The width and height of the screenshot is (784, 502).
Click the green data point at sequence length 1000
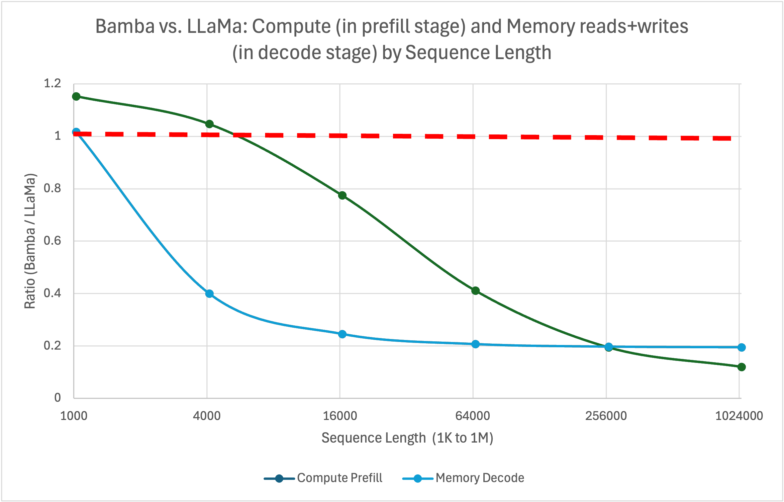76,96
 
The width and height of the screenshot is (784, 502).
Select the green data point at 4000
209,124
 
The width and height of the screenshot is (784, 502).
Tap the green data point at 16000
342,195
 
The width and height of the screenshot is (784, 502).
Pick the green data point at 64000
475,291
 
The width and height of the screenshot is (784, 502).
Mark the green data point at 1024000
741,367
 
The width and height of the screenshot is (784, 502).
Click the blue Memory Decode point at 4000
209,293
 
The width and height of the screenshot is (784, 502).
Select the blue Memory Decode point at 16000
342,334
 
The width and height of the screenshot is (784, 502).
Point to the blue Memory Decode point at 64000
475,344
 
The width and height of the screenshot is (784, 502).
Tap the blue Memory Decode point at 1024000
741,347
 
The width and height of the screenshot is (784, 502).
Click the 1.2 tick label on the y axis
52,83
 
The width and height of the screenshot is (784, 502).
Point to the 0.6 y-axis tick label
52,241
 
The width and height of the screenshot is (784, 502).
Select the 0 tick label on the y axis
57,397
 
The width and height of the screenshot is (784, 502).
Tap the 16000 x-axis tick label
340,416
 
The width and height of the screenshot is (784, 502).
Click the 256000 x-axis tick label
606,416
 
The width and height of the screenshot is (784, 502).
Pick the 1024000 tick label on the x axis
739,416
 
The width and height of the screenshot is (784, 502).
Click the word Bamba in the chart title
125,26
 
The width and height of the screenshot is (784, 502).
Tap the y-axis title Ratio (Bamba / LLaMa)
30,241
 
